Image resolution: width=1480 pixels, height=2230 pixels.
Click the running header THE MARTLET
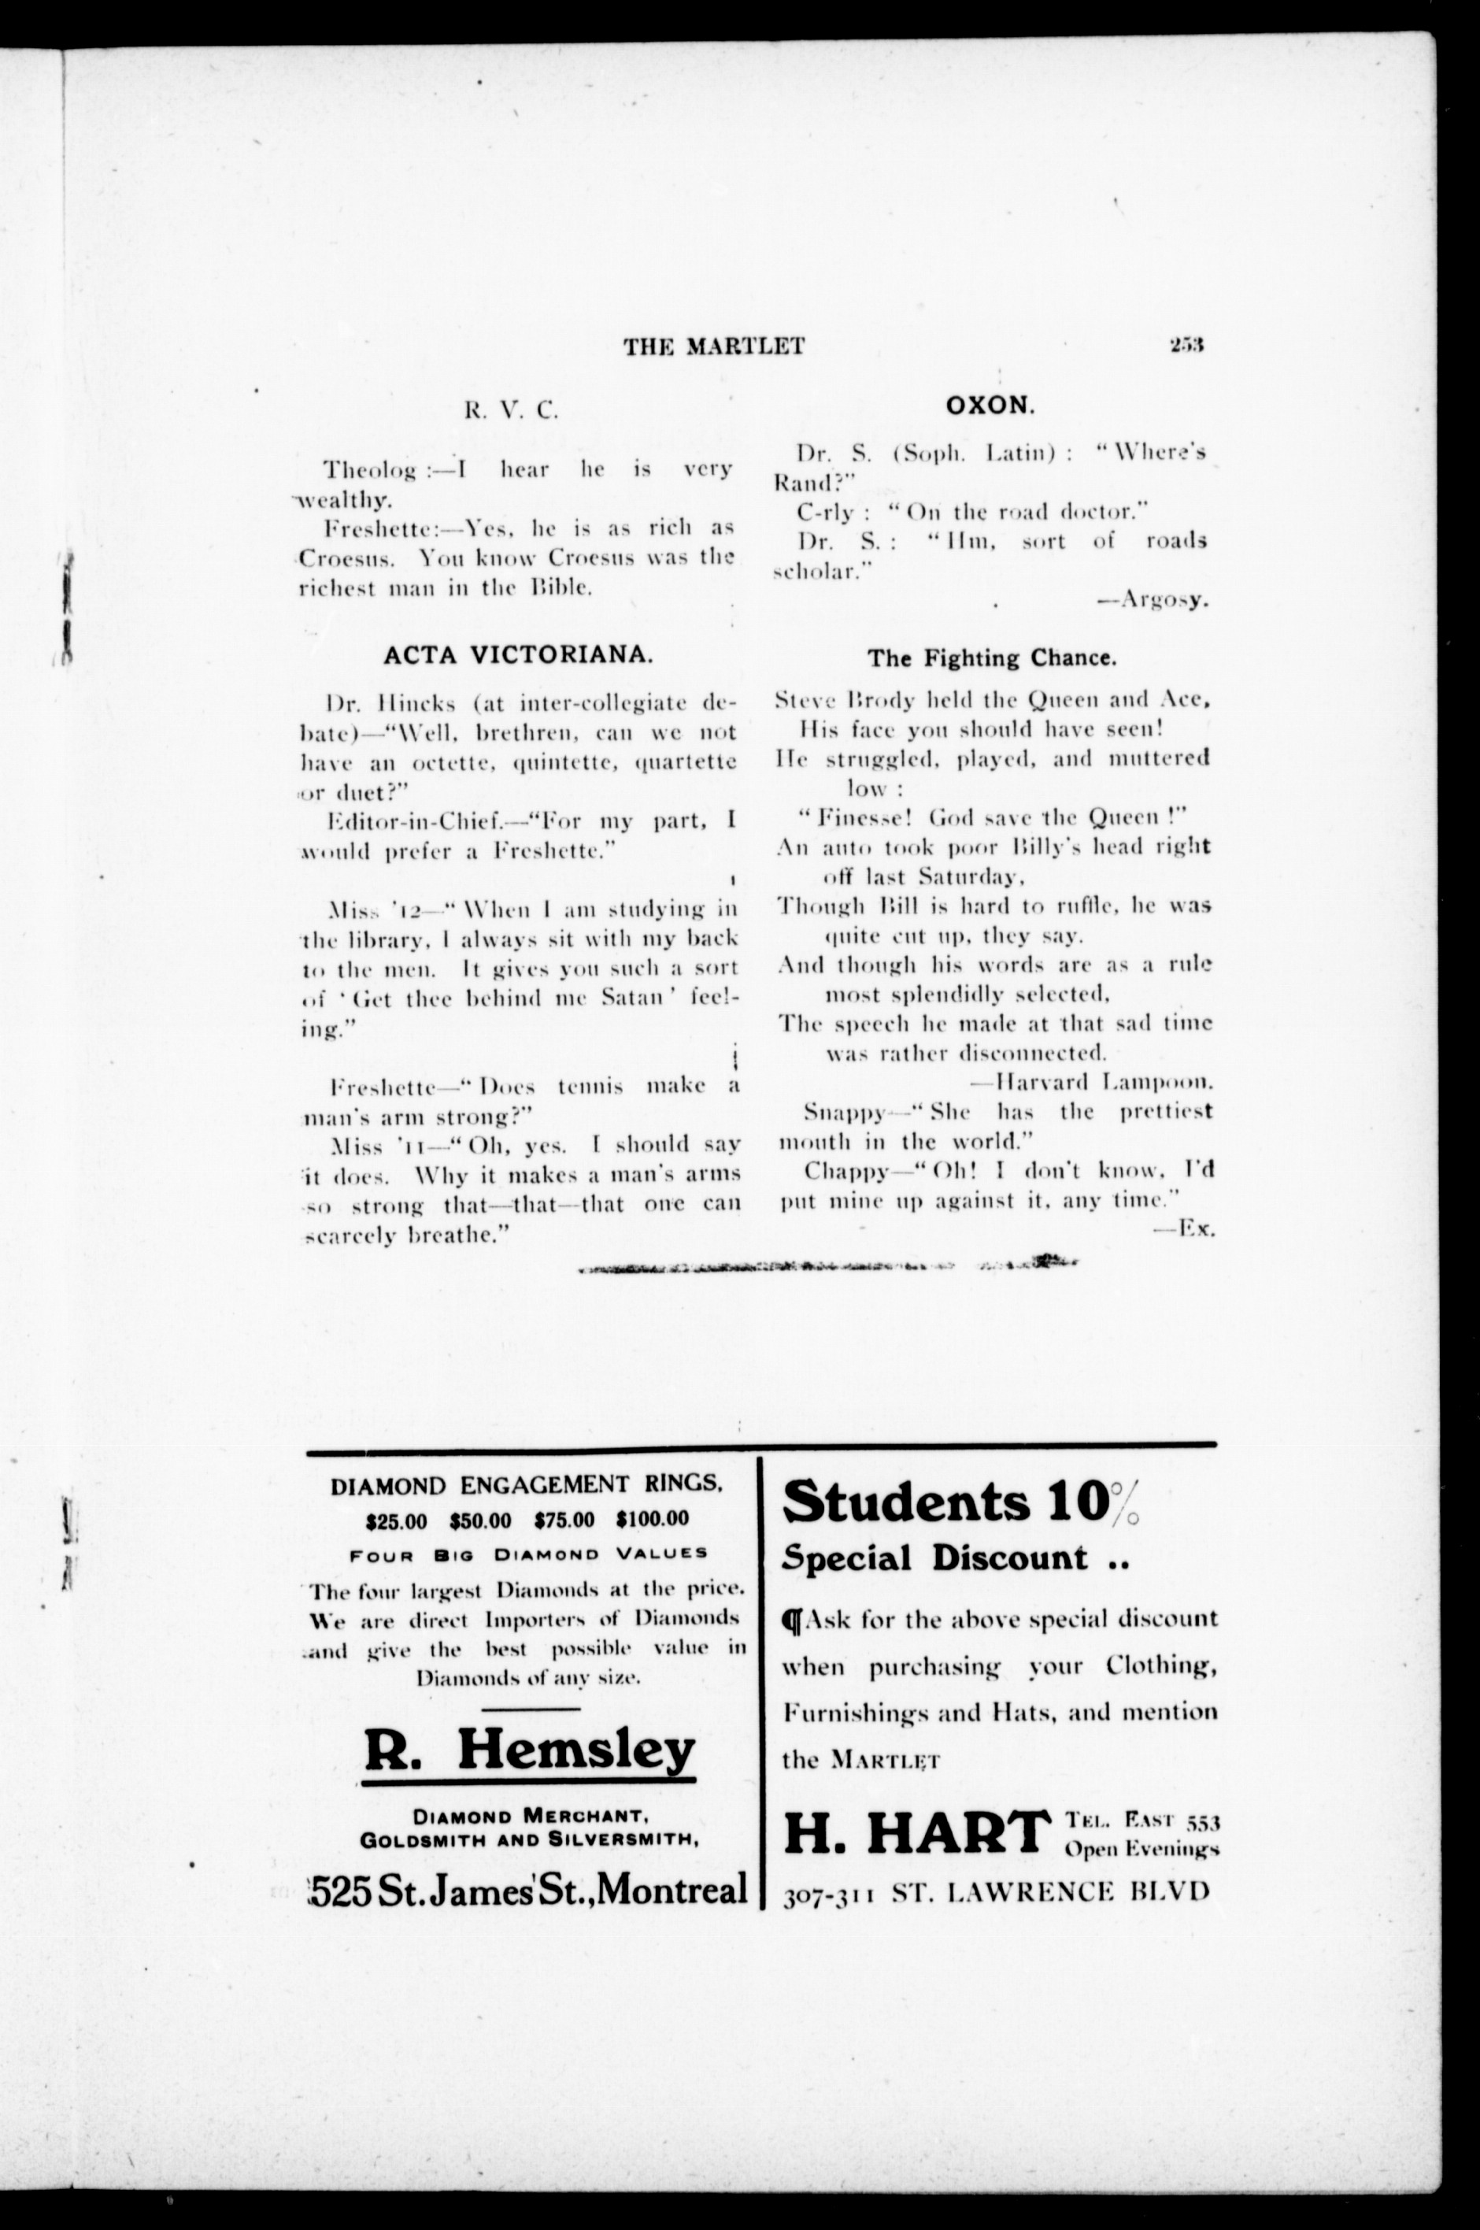pyautogui.click(x=713, y=346)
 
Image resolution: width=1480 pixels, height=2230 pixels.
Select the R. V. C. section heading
pyautogui.click(x=511, y=409)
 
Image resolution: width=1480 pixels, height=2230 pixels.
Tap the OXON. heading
pyautogui.click(x=990, y=406)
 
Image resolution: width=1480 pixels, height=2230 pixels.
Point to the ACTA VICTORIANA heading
pyautogui.click(x=517, y=655)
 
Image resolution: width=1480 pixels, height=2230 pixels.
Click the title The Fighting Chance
pyautogui.click(x=991, y=658)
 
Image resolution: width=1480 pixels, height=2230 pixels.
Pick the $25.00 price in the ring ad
pyautogui.click(x=397, y=1519)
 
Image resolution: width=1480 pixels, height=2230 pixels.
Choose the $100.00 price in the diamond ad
pyautogui.click(x=652, y=1519)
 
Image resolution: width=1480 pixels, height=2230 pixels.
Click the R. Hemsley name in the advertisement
pyautogui.click(x=530, y=1750)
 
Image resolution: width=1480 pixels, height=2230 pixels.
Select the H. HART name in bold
pyautogui.click(x=916, y=1832)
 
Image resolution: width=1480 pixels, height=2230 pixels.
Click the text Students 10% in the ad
pyautogui.click(x=959, y=1502)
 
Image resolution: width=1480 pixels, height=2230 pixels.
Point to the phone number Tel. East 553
pyautogui.click(x=1142, y=1818)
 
